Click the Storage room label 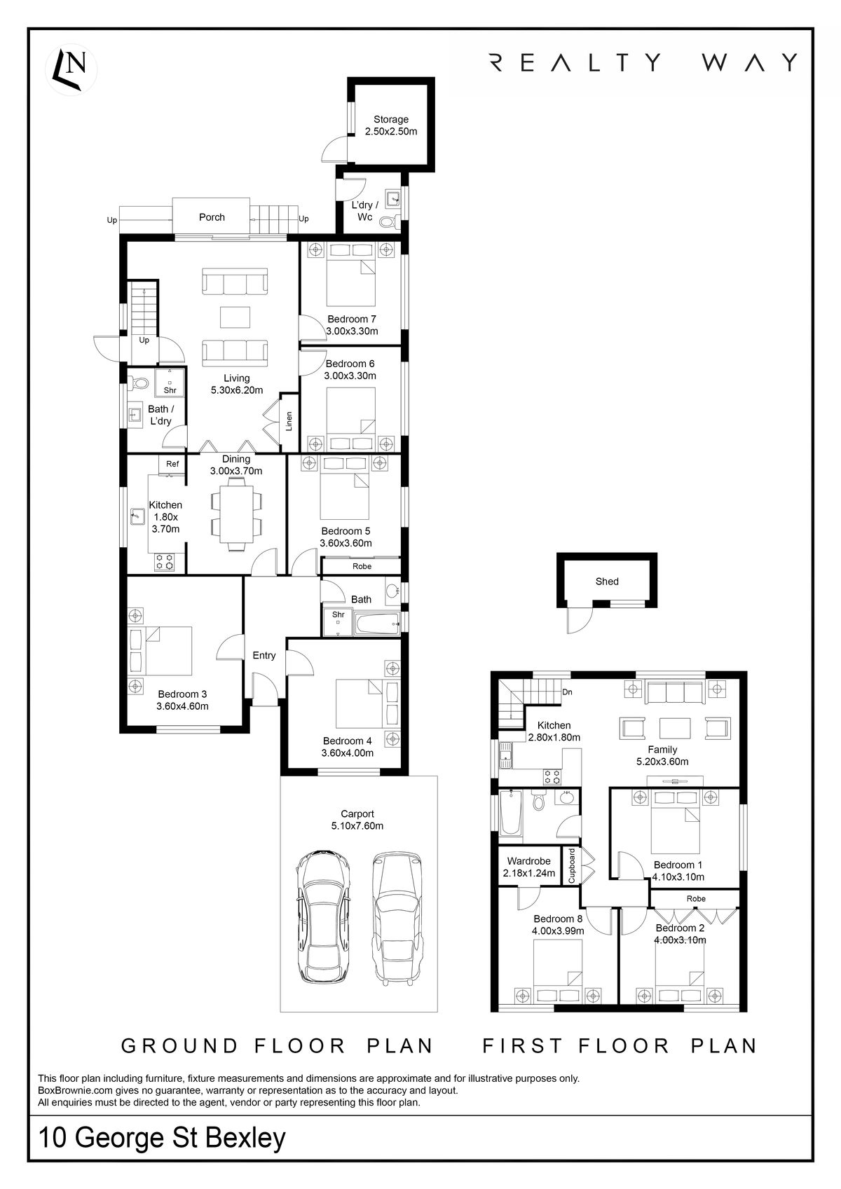pyautogui.click(x=390, y=120)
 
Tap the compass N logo pyautogui.click(x=71, y=69)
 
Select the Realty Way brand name pyautogui.click(x=643, y=63)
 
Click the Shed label pyautogui.click(x=607, y=582)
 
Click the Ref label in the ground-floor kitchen pyautogui.click(x=172, y=464)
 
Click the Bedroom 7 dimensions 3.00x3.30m pyautogui.click(x=352, y=331)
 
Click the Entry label pyautogui.click(x=264, y=656)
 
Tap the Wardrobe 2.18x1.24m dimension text pyautogui.click(x=529, y=874)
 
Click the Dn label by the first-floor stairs pyautogui.click(x=568, y=692)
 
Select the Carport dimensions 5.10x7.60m pyautogui.click(x=357, y=826)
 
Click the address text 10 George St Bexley pyautogui.click(x=163, y=1138)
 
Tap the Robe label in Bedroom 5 pyautogui.click(x=362, y=566)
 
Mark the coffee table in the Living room pyautogui.click(x=235, y=317)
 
